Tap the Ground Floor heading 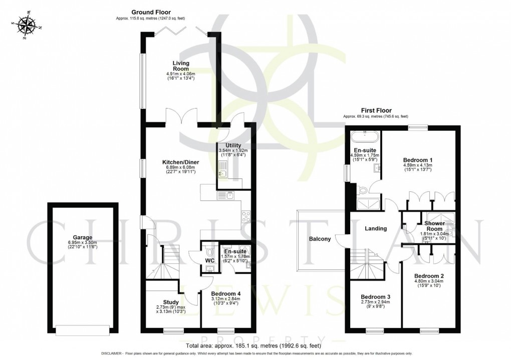(151, 12)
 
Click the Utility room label (233, 145)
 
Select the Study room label (170, 302)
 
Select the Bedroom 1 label (418, 160)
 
